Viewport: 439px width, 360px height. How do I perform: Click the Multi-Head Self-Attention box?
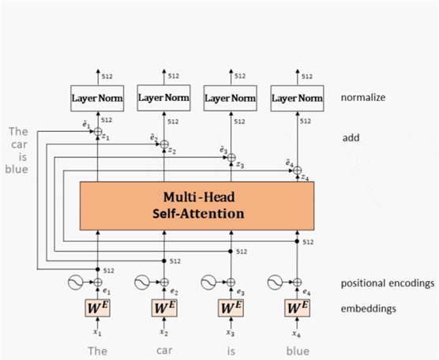[197, 206]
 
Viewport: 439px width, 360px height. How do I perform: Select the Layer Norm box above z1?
[97, 98]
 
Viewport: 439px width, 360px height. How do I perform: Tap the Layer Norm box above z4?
[297, 98]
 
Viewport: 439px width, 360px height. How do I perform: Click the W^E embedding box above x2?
[164, 308]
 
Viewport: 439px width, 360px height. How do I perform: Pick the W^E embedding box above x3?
[231, 308]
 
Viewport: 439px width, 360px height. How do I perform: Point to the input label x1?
[97, 332]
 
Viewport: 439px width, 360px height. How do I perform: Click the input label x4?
[297, 333]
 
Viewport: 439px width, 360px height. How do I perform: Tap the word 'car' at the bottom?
[164, 351]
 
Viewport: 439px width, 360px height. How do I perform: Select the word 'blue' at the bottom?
[298, 351]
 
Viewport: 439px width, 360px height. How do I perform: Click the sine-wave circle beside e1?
[75, 282]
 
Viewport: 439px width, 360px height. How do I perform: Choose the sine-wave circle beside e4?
[275, 282]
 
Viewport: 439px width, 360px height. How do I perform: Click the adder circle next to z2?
[164, 144]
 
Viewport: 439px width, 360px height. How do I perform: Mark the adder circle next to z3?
[231, 157]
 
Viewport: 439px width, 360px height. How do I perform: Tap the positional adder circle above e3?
[231, 282]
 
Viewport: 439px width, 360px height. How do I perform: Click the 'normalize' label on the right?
[363, 97]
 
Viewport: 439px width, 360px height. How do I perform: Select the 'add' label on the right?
[351, 137]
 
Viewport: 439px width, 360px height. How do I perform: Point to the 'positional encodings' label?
[388, 283]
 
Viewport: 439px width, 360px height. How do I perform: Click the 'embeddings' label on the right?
[369, 309]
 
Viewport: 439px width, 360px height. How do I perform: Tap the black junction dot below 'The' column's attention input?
[97, 269]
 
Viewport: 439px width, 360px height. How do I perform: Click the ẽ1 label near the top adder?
[86, 125]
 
